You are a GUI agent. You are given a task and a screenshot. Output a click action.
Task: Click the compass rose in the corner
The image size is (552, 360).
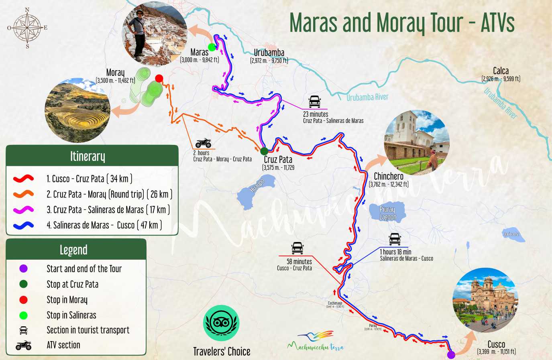(27, 28)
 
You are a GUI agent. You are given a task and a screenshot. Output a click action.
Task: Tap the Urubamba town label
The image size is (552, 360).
(269, 53)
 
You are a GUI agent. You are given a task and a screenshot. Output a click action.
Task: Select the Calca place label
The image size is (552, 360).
(501, 71)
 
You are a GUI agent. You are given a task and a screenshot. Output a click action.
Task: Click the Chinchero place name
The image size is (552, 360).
(388, 176)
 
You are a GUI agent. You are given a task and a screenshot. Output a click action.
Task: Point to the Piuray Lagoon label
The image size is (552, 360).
(387, 213)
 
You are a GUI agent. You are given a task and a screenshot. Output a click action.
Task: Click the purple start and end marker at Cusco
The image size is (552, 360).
(451, 354)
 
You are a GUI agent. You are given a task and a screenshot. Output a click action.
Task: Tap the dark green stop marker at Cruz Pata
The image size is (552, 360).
(264, 151)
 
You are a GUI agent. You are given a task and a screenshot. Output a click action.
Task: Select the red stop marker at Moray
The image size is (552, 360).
(159, 78)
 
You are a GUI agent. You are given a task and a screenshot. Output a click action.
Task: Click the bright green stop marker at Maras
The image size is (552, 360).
(212, 47)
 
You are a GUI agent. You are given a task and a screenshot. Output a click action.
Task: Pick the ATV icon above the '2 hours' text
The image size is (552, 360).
(204, 143)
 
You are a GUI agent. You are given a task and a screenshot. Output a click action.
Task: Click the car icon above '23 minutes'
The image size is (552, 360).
(315, 102)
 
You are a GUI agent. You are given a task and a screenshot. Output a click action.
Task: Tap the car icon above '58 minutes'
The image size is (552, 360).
(297, 248)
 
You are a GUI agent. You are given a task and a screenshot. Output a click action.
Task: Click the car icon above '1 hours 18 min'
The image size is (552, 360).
(395, 239)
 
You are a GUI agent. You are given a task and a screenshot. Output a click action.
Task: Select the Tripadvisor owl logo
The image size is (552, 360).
(222, 323)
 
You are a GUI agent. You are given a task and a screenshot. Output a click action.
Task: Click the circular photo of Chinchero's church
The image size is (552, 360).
(417, 142)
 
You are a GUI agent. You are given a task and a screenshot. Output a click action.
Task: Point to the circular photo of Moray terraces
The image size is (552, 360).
(77, 110)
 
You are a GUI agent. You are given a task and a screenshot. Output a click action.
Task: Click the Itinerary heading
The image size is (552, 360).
(88, 156)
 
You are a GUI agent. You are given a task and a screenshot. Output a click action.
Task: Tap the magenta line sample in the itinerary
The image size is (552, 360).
(23, 209)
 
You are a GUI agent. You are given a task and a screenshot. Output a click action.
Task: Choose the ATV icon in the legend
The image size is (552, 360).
(24, 345)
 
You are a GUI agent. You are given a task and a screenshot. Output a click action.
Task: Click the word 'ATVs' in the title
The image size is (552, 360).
(498, 23)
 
